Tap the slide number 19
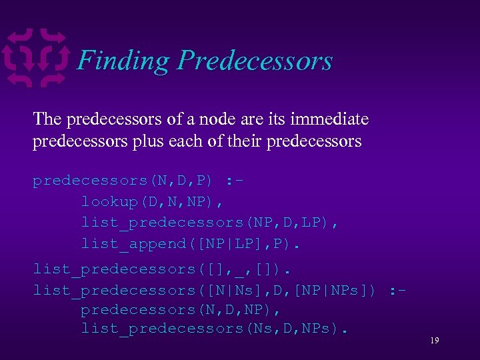434,341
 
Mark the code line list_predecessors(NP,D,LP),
209,223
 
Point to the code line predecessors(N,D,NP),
180,310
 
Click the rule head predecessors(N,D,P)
123,181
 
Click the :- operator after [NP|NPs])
399,291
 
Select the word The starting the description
47,119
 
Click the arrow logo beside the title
36,58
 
